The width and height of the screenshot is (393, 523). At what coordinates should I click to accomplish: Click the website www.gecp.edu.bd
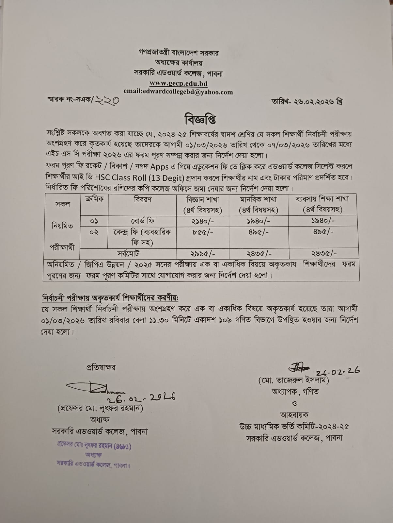(x=178, y=83)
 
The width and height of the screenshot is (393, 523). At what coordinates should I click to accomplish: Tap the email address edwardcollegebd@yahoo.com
(x=178, y=92)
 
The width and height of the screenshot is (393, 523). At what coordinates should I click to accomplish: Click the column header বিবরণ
(x=142, y=199)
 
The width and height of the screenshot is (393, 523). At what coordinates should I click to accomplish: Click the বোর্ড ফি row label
(x=142, y=221)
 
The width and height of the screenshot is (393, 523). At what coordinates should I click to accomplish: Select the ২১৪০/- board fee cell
(x=203, y=221)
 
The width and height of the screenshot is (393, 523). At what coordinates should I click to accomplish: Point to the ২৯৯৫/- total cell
(x=203, y=253)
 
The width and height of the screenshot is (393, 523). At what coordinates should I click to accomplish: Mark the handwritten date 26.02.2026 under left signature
(x=141, y=397)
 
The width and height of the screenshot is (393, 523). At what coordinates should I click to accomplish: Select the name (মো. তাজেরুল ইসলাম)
(x=293, y=380)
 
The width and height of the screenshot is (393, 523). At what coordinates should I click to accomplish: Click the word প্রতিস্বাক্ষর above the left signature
(x=101, y=367)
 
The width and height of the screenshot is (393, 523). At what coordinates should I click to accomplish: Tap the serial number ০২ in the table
(x=94, y=232)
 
